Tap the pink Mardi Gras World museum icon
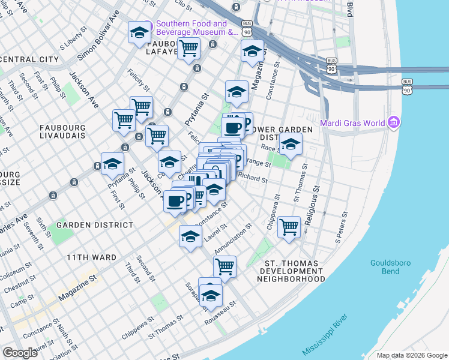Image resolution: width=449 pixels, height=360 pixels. [394, 123]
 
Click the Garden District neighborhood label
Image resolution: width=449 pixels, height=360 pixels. [95, 225]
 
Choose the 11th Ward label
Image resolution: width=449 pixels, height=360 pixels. [91, 257]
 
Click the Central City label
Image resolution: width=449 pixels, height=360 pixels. [29, 59]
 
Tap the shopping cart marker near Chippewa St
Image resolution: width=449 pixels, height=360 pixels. [289, 227]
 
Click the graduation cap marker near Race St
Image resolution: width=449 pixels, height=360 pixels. [291, 145]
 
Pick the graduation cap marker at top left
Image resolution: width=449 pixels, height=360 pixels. [139, 32]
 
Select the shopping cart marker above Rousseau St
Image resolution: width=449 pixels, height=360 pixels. [224, 265]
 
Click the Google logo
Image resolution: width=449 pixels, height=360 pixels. [20, 352]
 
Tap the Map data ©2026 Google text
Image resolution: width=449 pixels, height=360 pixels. [411, 355]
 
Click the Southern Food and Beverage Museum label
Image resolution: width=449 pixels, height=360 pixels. [197, 28]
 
